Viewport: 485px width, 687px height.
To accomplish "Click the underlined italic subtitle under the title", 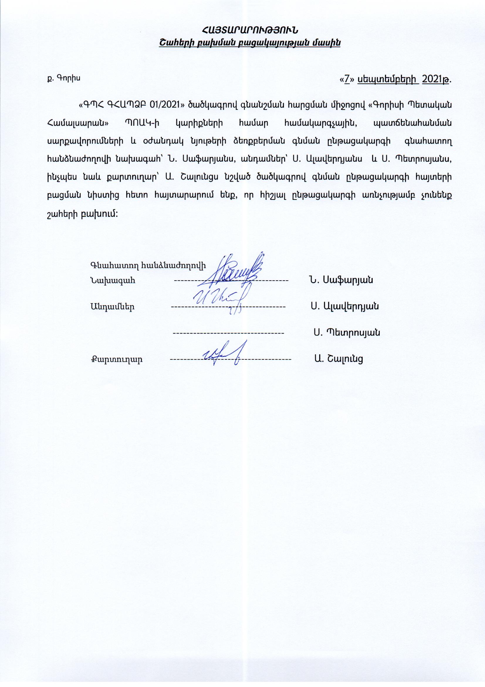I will coord(250,43).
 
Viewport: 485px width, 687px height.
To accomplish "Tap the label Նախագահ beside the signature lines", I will coord(113,281).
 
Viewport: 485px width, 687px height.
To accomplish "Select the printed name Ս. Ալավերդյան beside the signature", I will coord(344,306).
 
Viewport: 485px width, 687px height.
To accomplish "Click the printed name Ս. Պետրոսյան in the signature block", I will coord(347,332).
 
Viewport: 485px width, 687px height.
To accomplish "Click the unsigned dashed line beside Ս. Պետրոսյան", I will coord(228,333).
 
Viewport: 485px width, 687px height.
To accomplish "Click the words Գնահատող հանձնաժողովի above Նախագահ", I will coord(148,264).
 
